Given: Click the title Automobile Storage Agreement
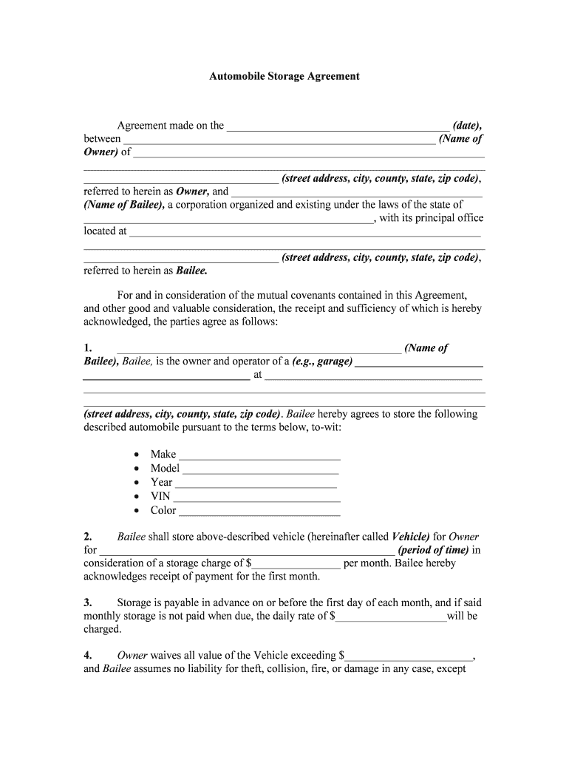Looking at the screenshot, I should pos(284,76).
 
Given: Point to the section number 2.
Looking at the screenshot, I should pos(87,537).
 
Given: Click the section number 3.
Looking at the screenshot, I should pos(87,602).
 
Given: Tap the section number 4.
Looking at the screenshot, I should pos(87,655).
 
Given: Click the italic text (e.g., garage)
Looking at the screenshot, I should pos(322,361).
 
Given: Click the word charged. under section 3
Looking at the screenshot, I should pos(102,629).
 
